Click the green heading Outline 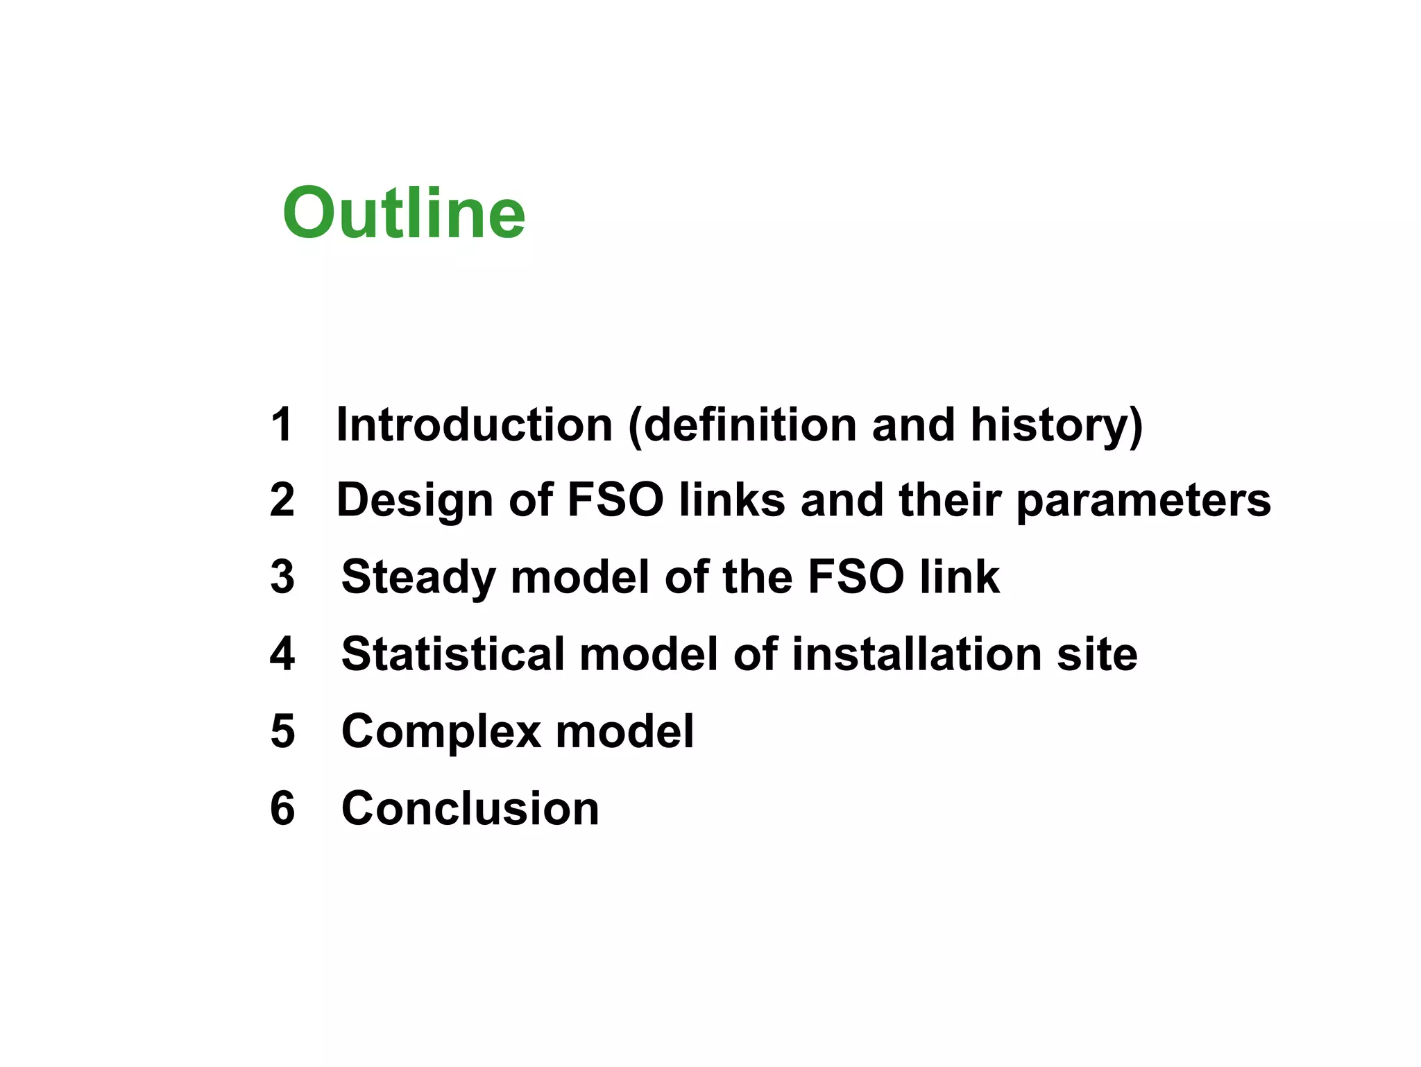pos(404,213)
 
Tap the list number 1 pos(282,424)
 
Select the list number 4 pos(282,654)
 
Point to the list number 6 pos(282,808)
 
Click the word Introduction pos(474,424)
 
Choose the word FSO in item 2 pos(615,500)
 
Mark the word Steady pos(418,578)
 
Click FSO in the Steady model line pos(856,577)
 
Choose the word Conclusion pos(470,808)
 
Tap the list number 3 pos(282,577)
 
